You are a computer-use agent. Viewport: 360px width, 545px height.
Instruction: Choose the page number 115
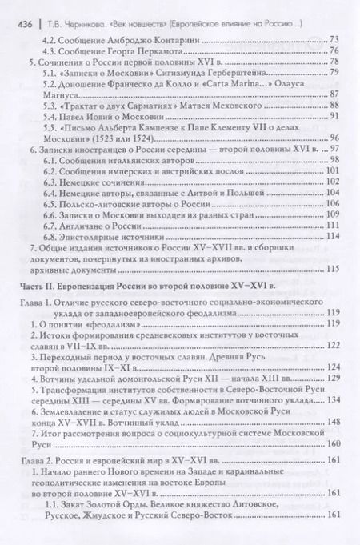pos(333,273)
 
